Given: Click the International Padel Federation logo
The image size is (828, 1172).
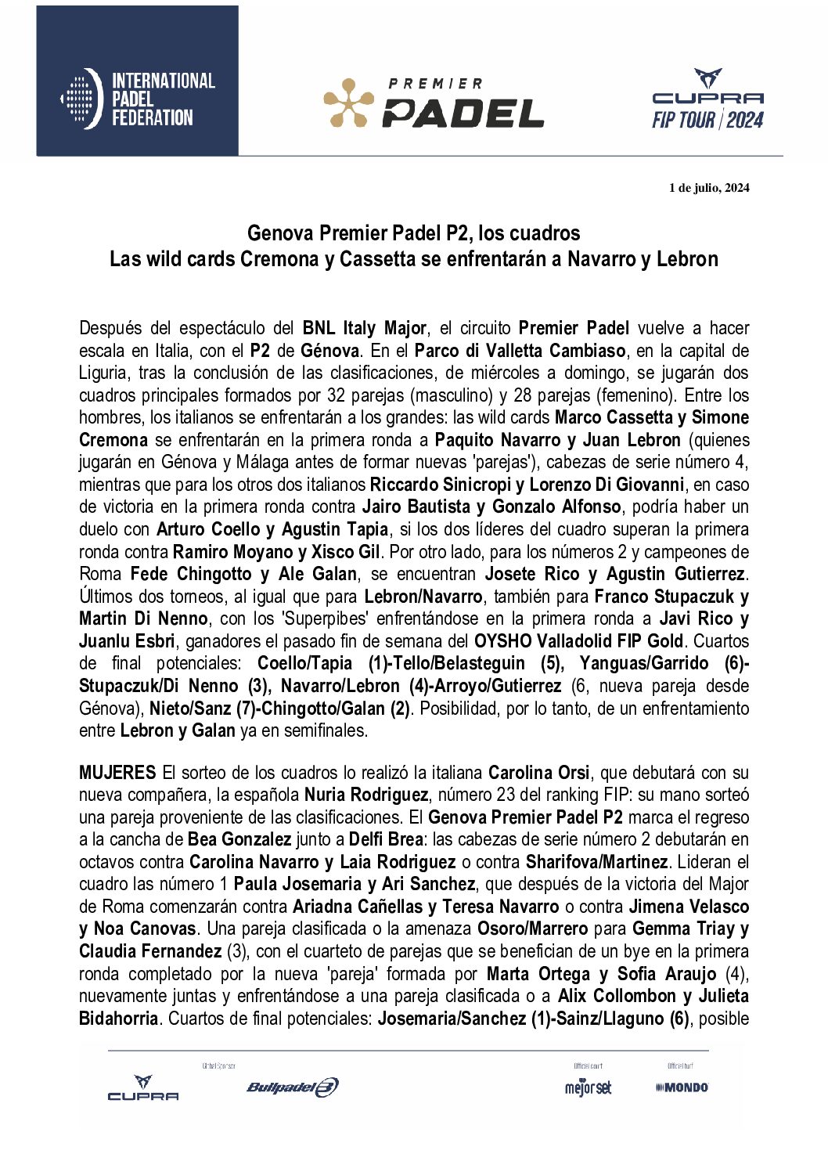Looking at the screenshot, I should tap(138, 99).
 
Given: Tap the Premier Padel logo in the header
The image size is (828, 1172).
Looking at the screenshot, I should tap(434, 103).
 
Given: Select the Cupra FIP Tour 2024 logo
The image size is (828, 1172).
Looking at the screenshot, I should tap(707, 99).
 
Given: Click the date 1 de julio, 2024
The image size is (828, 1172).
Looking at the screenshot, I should tap(709, 187).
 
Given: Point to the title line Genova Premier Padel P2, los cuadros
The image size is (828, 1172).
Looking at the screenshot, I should tap(413, 233).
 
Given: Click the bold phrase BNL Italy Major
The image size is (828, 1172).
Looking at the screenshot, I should tap(365, 328).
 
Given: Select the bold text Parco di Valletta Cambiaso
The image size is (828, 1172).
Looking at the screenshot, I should tap(520, 350).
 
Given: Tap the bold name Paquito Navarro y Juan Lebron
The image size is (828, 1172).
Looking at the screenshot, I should tap(557, 440).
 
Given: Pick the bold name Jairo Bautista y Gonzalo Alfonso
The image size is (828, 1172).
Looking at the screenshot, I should tap(491, 507).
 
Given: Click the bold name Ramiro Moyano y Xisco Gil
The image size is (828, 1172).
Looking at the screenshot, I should tap(276, 551).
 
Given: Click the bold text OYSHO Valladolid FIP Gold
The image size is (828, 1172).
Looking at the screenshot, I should tap(578, 641).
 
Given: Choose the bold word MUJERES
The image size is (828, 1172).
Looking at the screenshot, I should tap(117, 773).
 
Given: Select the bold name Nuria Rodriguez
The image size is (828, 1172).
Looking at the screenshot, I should tap(365, 795).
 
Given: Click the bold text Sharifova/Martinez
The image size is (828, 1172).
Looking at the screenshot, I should tap(596, 862).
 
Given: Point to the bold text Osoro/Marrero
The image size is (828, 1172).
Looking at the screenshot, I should tap(532, 929).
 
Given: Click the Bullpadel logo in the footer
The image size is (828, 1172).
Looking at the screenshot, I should tap(292, 1087).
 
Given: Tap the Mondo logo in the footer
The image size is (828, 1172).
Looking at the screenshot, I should tap(682, 1087).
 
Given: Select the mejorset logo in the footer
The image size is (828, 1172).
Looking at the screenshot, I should tap(588, 1087).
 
